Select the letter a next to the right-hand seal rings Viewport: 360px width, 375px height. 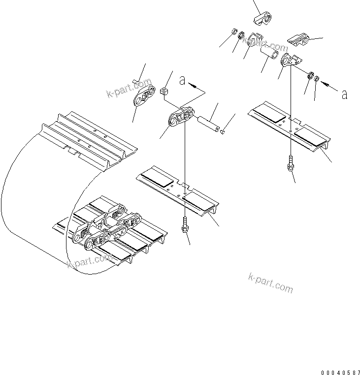tap(344, 94)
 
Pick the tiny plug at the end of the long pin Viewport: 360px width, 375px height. tap(223, 131)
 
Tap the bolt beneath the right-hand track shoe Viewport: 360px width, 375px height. tap(290, 165)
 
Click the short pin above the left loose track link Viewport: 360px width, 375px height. tap(137, 82)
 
